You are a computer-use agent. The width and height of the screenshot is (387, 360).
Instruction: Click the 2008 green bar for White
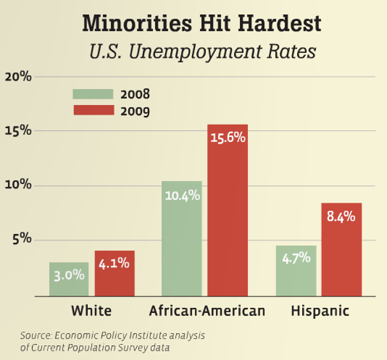pos(69,280)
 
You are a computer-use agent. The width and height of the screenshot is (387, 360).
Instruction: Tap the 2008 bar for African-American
pos(182,239)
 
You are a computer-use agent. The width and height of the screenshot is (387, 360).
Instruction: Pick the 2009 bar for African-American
pos(228,210)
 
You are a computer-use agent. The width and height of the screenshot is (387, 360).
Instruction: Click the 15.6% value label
pos(228,137)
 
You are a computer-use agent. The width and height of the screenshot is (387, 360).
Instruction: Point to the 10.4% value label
pos(182,196)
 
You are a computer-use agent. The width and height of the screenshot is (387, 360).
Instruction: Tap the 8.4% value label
pos(341,216)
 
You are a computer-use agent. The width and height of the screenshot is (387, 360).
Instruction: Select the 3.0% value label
pos(69,275)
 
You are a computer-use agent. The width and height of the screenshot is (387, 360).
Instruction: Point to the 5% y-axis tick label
pos(21,240)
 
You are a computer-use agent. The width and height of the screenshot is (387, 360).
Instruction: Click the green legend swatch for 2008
pos(93,94)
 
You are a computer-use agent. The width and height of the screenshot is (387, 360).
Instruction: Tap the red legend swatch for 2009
pos(93,110)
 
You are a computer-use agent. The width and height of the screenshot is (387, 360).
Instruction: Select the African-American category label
pos(207,312)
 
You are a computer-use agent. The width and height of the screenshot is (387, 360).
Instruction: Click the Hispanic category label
pos(320,312)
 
